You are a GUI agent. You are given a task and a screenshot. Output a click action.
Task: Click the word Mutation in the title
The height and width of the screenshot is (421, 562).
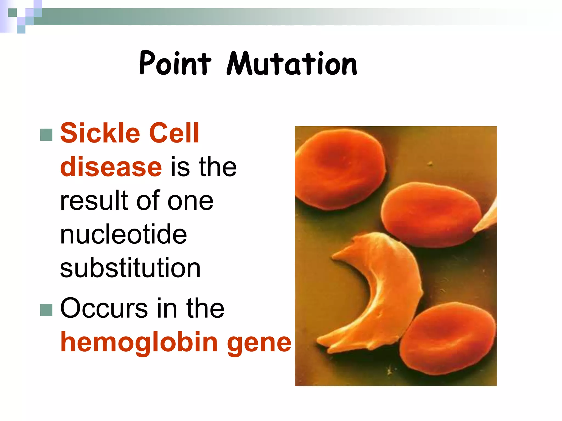tap(292, 64)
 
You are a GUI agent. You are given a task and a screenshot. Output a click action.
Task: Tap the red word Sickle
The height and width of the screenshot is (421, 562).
tap(100, 133)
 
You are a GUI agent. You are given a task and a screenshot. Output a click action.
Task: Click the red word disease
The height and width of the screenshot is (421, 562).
tap(111, 167)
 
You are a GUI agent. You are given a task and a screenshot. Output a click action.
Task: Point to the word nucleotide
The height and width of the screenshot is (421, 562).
tap(123, 234)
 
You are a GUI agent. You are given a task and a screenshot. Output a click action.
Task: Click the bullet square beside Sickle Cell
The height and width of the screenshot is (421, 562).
tap(46, 135)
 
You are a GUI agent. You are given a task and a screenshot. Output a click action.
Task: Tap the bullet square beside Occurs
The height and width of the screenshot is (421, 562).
tap(46, 310)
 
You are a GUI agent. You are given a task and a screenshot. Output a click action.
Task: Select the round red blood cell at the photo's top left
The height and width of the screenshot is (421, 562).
tap(340, 169)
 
